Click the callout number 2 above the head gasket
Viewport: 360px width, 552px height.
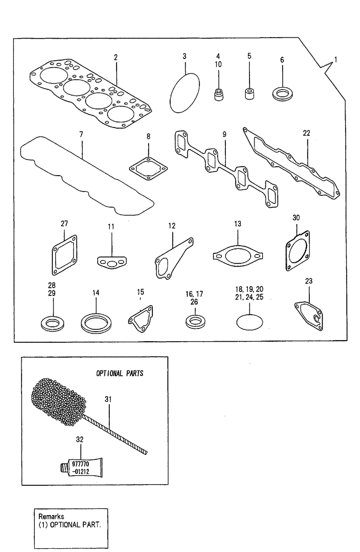115,57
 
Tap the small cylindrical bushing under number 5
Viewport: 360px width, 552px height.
250,92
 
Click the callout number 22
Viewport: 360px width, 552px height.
306,133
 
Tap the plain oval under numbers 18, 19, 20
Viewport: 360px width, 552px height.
248,321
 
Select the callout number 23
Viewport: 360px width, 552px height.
309,280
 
